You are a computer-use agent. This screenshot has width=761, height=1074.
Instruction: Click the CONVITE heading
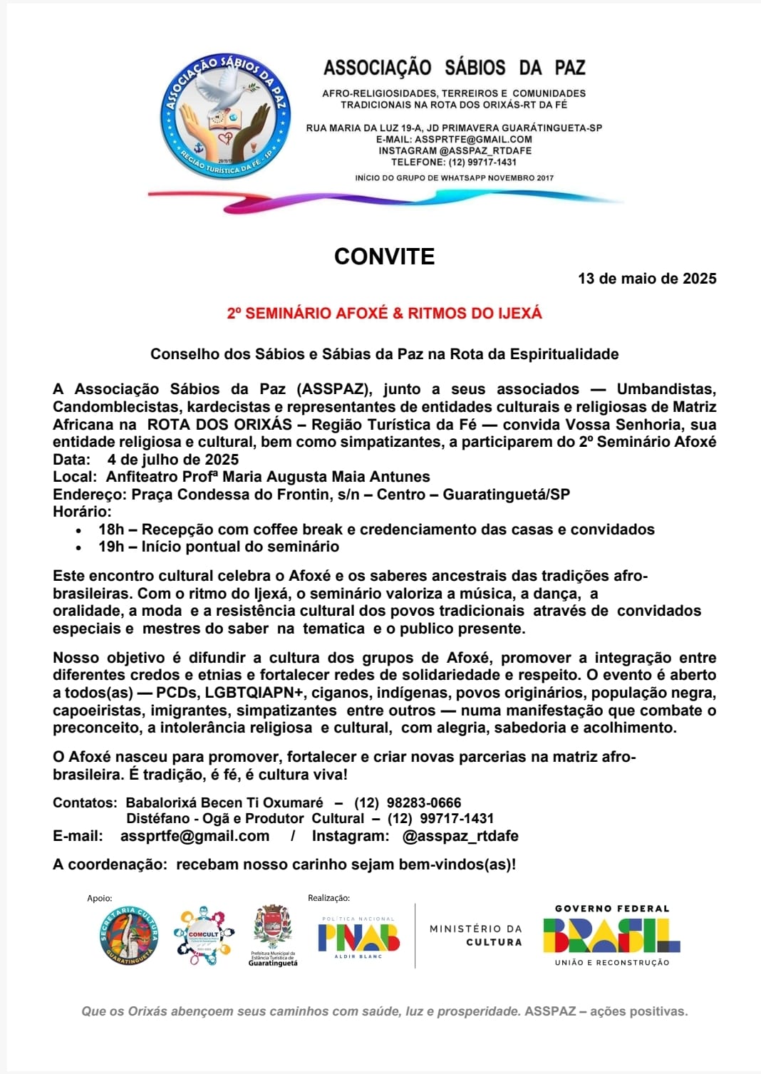384,257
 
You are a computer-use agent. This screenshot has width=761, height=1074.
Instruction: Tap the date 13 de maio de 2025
647,279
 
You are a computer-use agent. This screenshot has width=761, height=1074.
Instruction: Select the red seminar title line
384,313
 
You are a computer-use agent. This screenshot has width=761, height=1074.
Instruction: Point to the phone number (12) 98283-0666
408,802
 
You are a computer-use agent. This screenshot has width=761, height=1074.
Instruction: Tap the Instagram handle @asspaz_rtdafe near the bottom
460,836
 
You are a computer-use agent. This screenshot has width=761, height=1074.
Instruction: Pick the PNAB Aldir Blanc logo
358,937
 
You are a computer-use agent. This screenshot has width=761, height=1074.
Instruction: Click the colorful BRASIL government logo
611,935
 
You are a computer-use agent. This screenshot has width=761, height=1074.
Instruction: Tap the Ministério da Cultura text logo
475,935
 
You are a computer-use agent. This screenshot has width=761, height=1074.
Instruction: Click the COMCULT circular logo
203,936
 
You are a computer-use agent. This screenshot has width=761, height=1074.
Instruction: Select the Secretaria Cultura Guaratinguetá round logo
129,935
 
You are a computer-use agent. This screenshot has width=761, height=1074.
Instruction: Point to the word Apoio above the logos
100,899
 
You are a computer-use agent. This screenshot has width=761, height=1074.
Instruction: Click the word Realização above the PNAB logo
328,898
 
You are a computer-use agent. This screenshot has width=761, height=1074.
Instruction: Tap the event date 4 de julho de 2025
173,460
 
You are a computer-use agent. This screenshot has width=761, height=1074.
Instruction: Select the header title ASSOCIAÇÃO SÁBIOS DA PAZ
454,68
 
